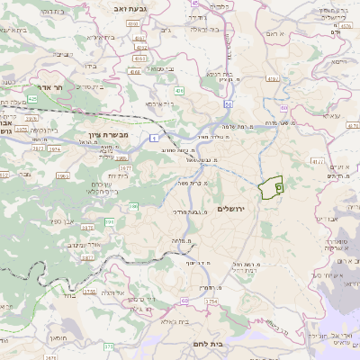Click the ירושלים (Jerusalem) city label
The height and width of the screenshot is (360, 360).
click(231, 208)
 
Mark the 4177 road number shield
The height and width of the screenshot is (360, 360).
click(316, 162)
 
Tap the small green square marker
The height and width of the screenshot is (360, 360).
click(278, 187)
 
